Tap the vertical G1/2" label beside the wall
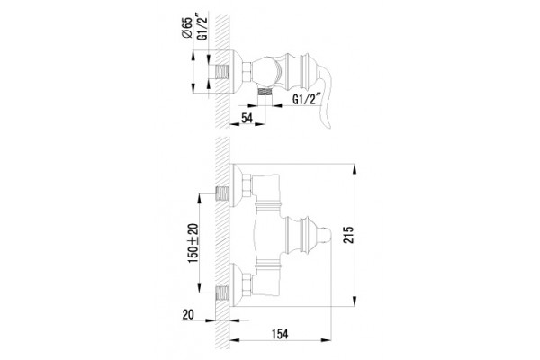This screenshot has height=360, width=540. (203, 27)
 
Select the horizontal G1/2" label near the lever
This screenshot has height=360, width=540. (307, 99)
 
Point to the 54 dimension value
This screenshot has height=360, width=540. (247, 118)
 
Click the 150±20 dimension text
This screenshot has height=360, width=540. (193, 243)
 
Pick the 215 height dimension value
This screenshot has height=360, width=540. (348, 235)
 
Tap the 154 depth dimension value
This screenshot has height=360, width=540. (280, 334)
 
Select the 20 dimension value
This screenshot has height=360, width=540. (188, 314)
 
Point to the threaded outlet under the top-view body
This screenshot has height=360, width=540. (265, 91)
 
